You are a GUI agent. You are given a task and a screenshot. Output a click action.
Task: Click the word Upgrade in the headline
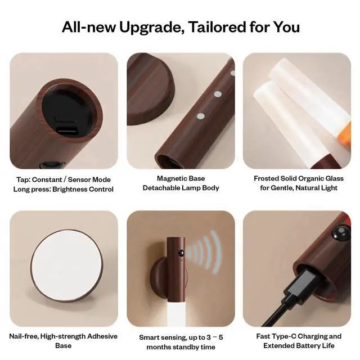click(151, 28)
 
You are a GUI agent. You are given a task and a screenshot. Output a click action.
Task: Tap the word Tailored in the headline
click(217, 26)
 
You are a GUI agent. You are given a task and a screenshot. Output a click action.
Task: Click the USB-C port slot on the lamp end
click(66, 130)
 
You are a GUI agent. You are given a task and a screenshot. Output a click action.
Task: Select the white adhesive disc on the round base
click(66, 265)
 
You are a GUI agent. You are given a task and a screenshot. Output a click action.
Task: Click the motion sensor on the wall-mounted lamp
click(181, 253)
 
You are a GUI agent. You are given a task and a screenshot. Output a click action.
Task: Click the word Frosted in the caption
click(266, 178)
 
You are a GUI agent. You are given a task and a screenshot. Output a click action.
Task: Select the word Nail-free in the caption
click(24, 336)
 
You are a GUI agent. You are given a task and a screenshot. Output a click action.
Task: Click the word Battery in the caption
click(307, 346)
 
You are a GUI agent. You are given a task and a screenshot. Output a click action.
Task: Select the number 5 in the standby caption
click(220, 337)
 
